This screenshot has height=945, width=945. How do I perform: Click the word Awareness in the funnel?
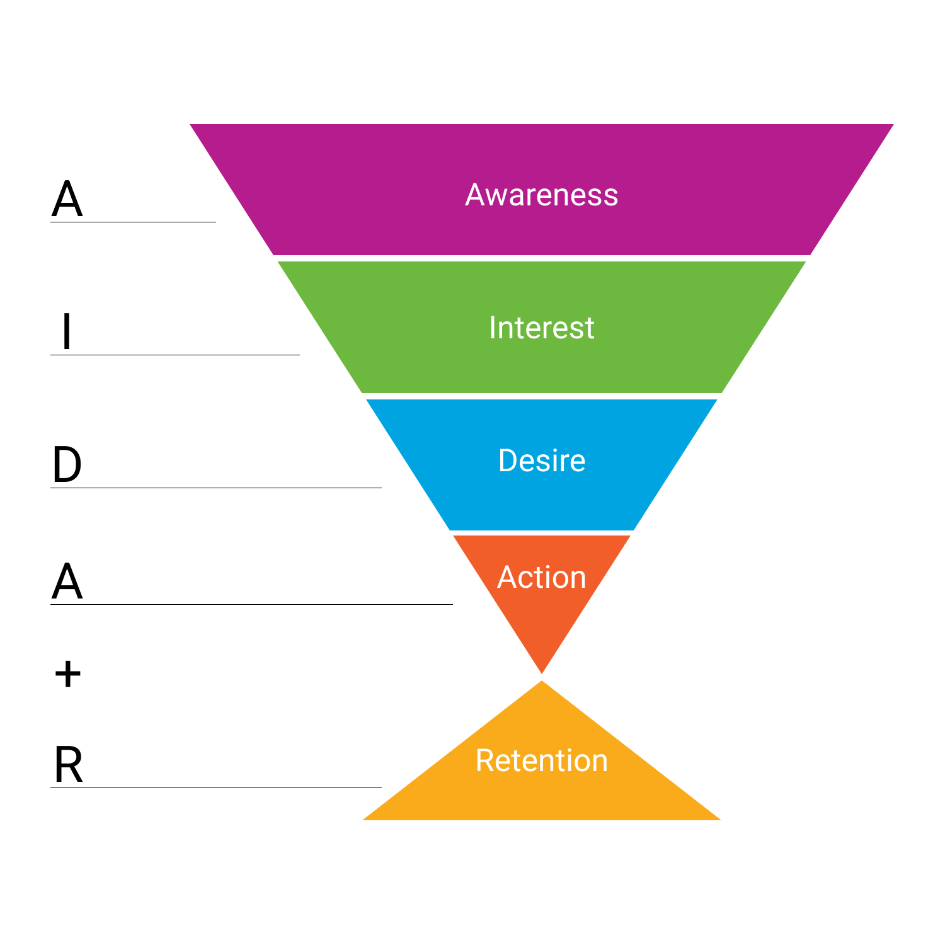coord(541,195)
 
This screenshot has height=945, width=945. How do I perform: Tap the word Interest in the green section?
coord(541,328)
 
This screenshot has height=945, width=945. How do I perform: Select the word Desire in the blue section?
coord(541,461)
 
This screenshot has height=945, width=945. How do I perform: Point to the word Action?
coord(541,577)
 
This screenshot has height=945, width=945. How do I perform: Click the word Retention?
coord(541,760)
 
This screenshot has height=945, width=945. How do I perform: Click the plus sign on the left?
coord(67,674)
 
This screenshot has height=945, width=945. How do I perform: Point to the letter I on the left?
coord(66,331)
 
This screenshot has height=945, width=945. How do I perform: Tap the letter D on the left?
coord(67,465)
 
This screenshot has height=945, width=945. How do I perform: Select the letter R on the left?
coord(68,765)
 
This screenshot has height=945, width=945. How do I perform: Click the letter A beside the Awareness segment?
coord(67,199)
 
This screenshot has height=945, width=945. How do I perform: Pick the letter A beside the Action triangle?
coord(67,581)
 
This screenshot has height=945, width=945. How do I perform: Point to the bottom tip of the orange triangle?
coord(542,671)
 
